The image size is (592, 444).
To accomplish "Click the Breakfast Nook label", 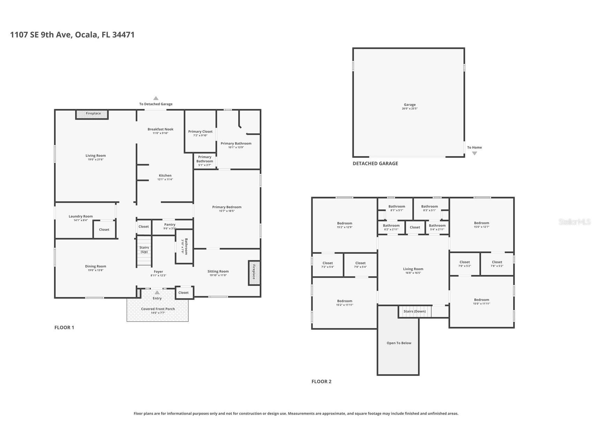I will point(160,129).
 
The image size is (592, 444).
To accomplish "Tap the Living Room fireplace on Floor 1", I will point(92,114).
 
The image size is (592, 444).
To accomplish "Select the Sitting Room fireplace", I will point(254,272).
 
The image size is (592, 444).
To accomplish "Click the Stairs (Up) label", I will point(144,249).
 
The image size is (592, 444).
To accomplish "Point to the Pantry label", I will point(170,224).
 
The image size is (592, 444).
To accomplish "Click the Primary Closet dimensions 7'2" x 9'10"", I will point(200,135).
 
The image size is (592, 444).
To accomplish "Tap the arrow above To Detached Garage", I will point(156,98).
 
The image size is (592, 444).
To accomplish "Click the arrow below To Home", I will point(474,153).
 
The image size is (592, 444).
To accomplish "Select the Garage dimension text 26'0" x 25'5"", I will point(410,109).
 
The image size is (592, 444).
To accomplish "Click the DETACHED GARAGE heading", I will point(375,163).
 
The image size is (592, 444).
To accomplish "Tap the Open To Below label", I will point(399,343).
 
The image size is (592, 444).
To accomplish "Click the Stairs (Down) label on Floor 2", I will point(414,311).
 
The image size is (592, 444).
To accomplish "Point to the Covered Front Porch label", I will point(158,309).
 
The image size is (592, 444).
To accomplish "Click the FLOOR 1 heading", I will point(64,327).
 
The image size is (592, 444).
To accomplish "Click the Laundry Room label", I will point(81,216).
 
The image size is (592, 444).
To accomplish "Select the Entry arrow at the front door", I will point(157,293).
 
